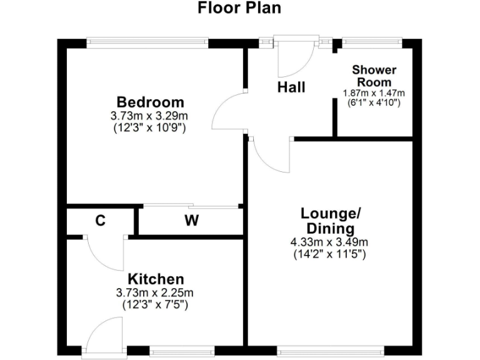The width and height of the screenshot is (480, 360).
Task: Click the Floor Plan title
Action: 239,8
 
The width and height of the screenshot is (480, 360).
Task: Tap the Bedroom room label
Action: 151,102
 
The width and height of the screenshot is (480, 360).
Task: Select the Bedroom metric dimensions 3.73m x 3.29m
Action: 150,116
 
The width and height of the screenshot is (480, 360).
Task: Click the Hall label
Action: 291,87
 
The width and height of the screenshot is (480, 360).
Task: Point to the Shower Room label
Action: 374,76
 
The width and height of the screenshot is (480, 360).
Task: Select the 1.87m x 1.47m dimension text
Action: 374,93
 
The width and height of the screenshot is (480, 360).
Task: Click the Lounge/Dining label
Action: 331,221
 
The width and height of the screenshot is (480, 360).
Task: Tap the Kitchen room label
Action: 156,279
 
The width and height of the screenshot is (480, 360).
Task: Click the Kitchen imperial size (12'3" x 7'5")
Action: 156,305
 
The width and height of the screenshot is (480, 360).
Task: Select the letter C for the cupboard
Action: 99,220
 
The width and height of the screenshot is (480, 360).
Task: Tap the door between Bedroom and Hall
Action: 228,112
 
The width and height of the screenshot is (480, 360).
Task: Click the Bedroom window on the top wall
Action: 147,42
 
